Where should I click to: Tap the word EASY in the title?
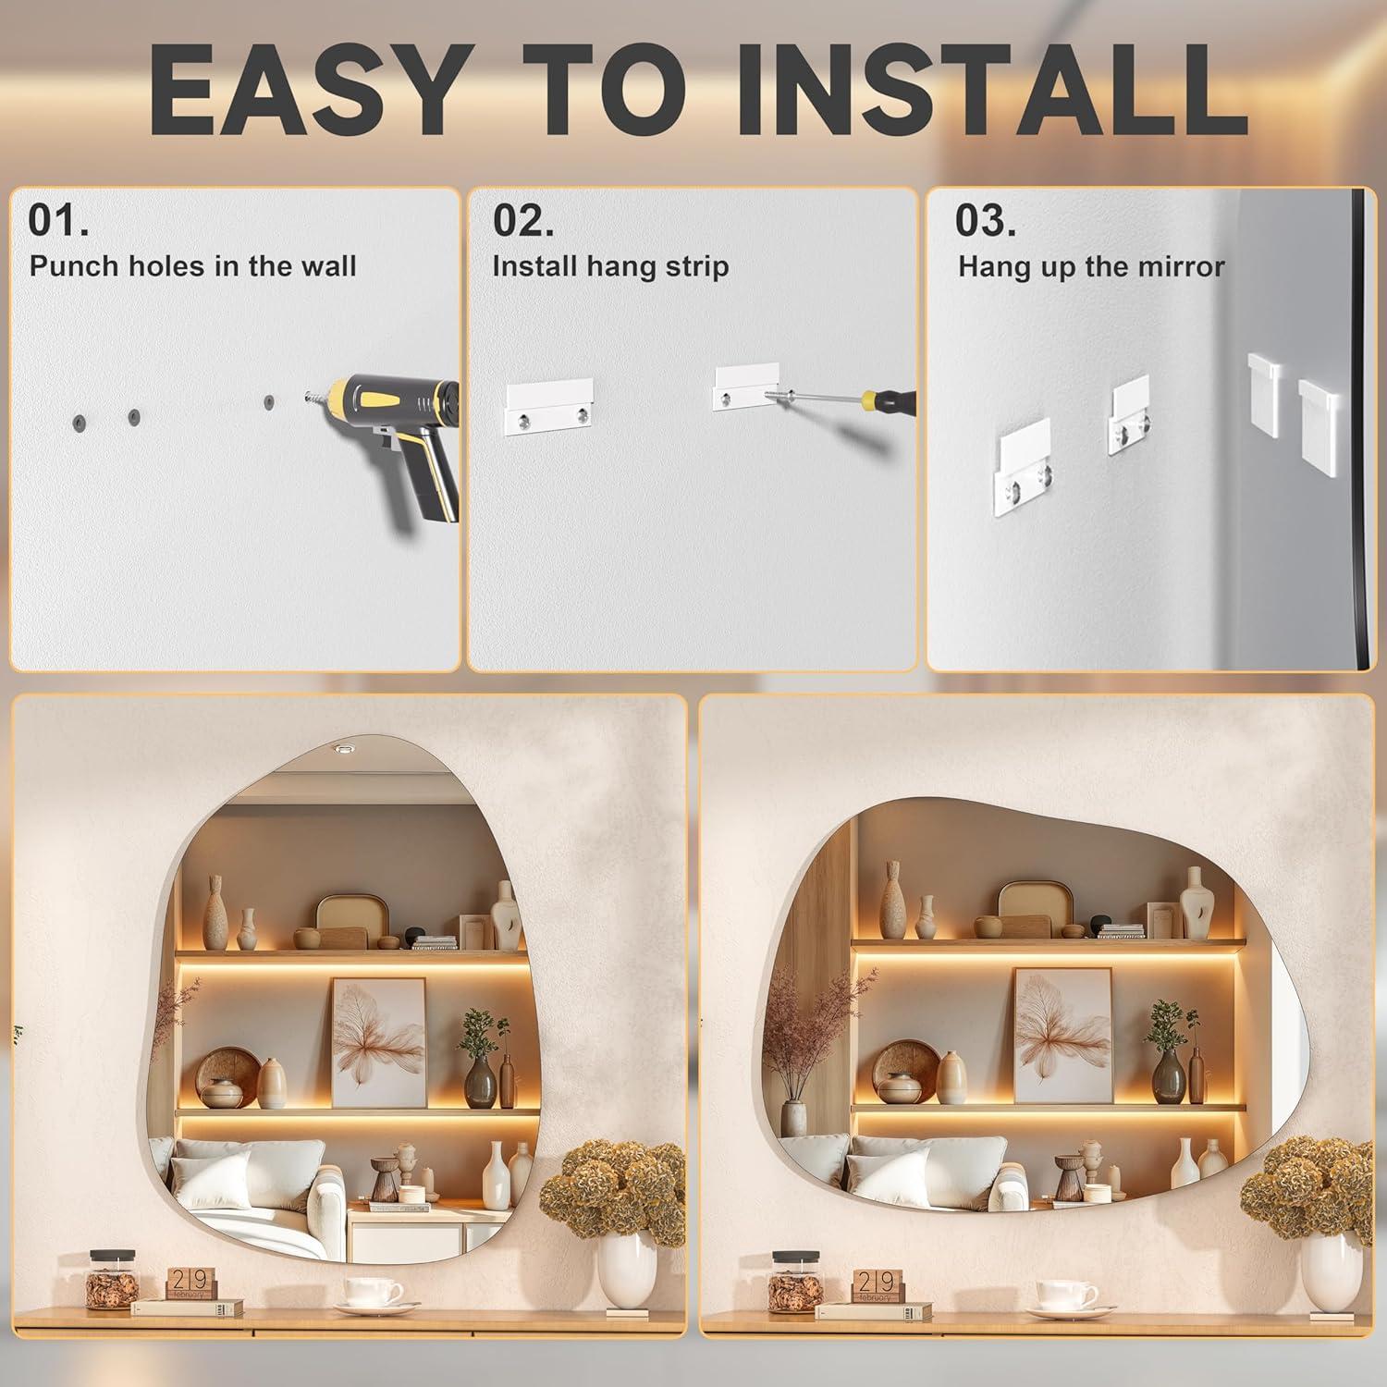click(x=306, y=91)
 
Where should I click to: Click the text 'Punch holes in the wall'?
click(x=192, y=266)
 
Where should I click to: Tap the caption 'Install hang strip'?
click(x=610, y=267)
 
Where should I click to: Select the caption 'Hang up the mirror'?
click(x=1091, y=267)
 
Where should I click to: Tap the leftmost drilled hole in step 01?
click(x=79, y=422)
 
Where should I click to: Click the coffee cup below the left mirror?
click(x=374, y=1294)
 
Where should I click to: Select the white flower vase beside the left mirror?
click(x=626, y=1270)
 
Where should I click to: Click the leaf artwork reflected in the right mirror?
click(x=1062, y=1036)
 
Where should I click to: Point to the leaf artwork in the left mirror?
click(x=378, y=1042)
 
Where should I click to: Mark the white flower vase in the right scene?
click(x=1332, y=1270)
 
